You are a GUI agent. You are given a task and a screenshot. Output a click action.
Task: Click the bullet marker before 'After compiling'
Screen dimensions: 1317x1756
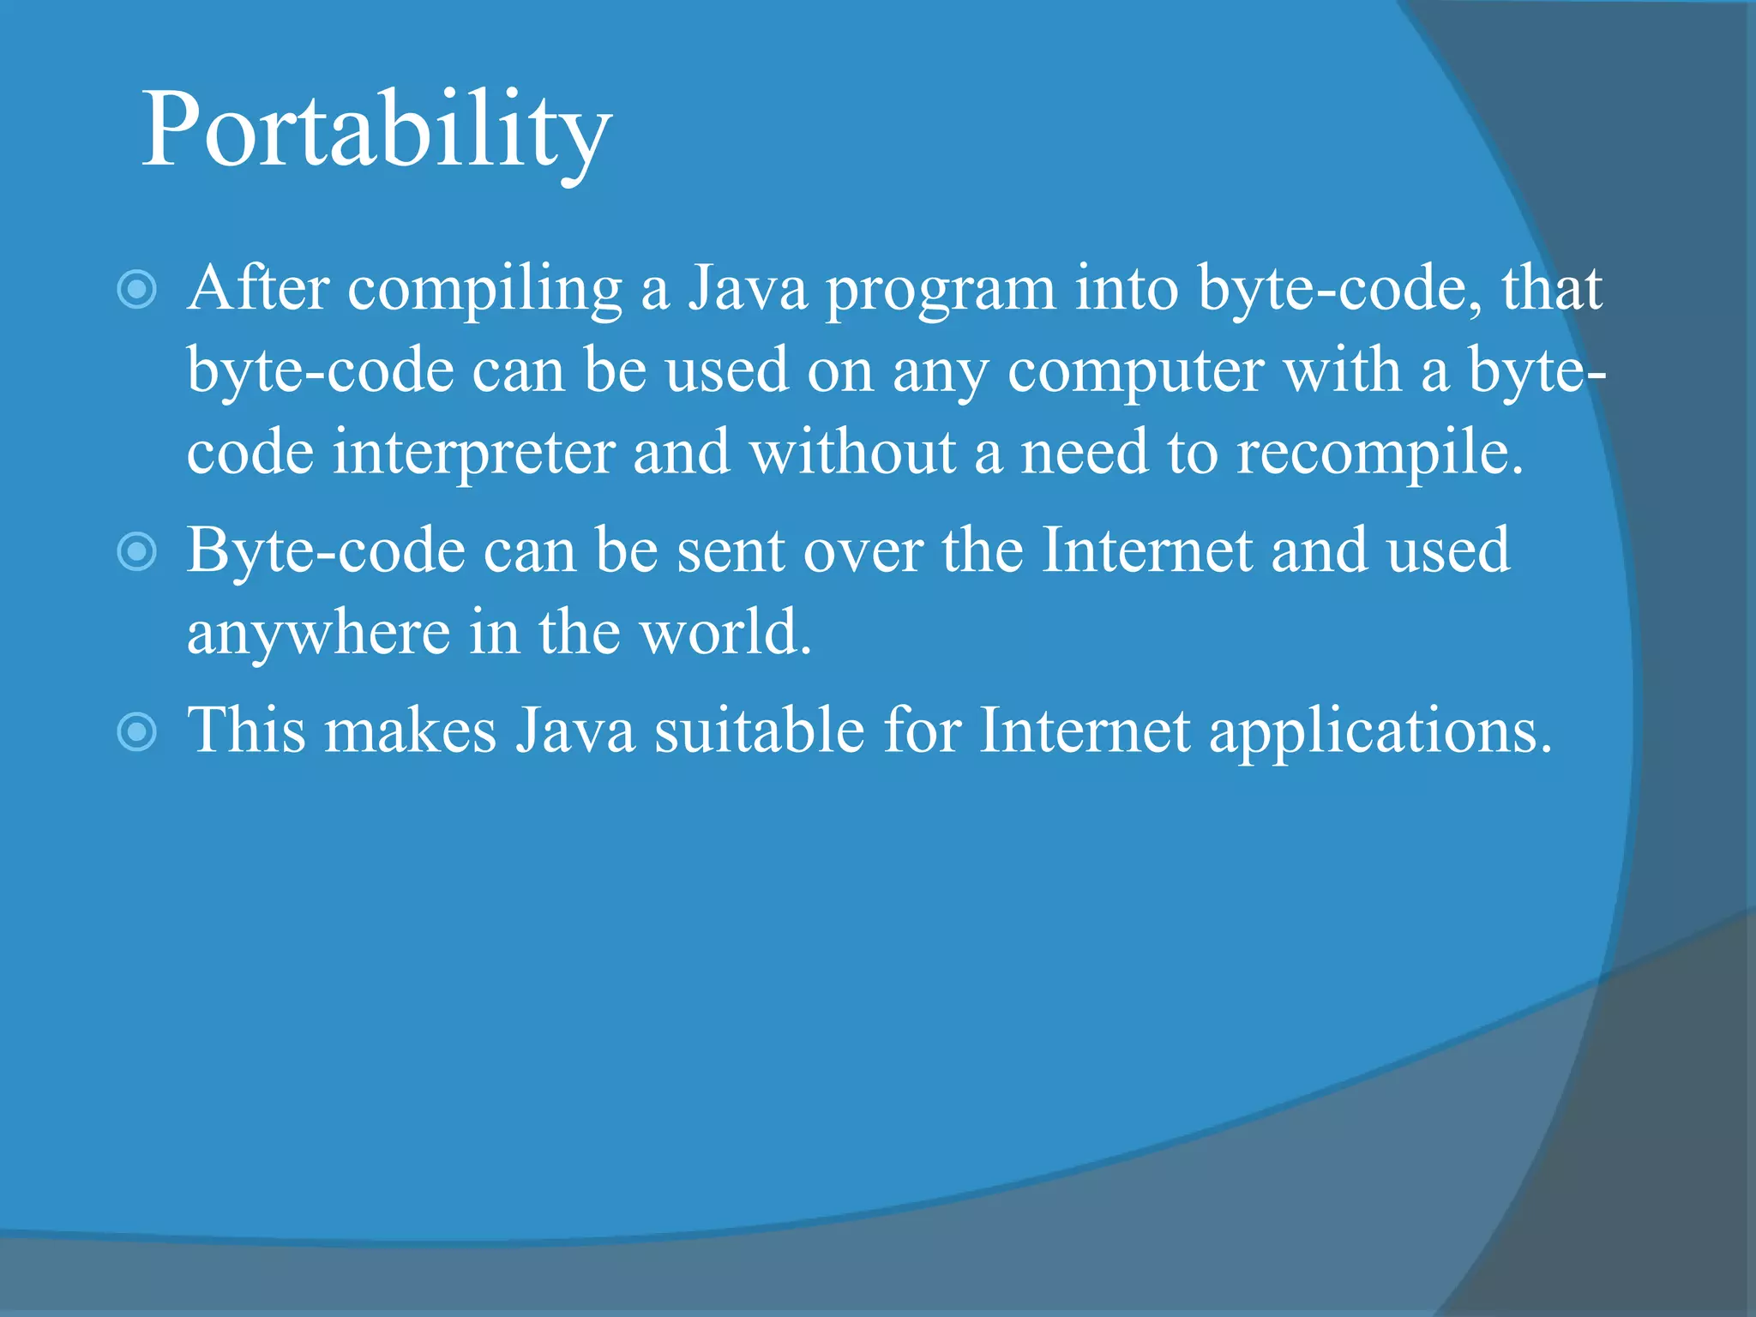point(136,289)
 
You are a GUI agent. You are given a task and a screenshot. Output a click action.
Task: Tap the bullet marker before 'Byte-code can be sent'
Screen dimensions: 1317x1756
point(136,550)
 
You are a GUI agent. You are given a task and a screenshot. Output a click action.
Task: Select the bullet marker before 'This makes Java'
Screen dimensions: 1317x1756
point(136,731)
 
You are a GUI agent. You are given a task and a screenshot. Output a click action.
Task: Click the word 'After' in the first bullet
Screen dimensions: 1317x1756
point(258,288)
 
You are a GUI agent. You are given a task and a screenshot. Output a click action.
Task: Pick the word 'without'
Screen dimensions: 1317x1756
point(851,452)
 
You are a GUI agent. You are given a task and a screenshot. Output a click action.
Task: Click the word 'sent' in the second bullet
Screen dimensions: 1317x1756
point(731,551)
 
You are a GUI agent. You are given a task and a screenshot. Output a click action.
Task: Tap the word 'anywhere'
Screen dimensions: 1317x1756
point(318,635)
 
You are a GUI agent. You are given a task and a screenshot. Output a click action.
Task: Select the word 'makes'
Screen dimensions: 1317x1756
point(411,731)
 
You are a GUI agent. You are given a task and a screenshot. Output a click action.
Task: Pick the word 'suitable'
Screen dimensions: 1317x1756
point(760,731)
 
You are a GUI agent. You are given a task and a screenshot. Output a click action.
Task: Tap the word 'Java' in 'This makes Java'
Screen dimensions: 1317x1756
point(575,731)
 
